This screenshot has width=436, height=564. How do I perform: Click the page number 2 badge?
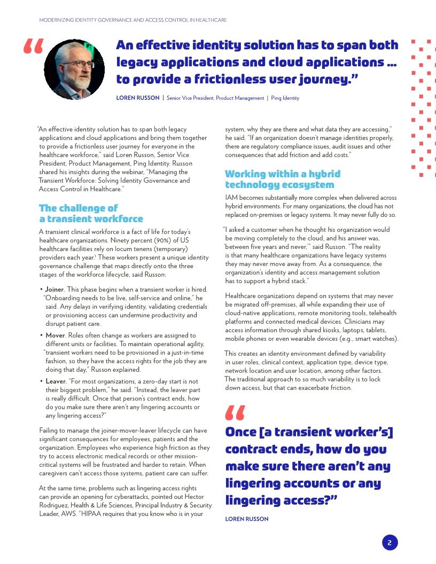(x=390, y=543)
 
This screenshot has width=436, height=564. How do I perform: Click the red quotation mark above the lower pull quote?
(x=235, y=412)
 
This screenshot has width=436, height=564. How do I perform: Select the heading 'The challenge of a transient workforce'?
(x=91, y=213)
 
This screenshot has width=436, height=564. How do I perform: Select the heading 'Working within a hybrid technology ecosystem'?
(x=282, y=179)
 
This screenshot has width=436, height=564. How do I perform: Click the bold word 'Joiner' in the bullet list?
(x=54, y=289)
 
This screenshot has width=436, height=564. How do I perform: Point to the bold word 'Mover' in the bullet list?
(x=55, y=335)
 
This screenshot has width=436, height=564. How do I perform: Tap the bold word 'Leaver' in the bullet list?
(x=56, y=381)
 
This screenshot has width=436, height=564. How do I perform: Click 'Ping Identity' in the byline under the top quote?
(x=285, y=98)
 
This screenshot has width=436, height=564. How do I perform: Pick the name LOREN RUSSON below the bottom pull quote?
(x=247, y=519)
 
